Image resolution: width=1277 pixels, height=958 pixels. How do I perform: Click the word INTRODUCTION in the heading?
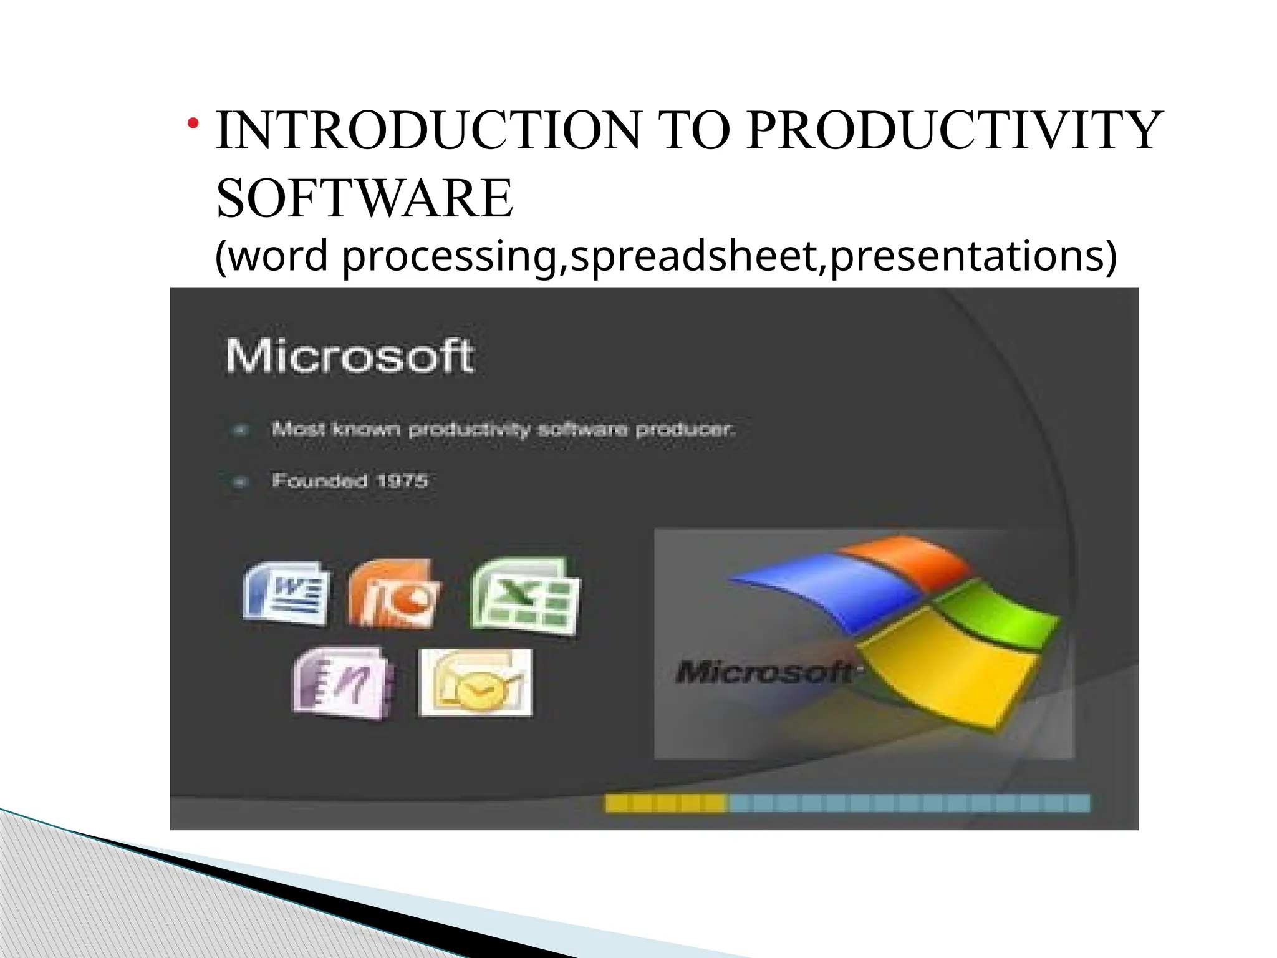click(x=428, y=131)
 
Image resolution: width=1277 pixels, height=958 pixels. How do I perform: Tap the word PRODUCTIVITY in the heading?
click(x=954, y=131)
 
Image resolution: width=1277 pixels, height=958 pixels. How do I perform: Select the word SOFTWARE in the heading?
click(x=365, y=198)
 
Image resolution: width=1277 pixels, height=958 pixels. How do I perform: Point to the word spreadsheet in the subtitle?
click(x=693, y=256)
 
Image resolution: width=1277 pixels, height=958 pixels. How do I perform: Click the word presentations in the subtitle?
click(x=973, y=256)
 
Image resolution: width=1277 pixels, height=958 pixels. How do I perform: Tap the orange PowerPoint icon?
click(x=393, y=593)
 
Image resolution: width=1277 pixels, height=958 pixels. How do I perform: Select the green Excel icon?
click(x=525, y=596)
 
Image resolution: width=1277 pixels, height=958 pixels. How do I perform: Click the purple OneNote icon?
click(x=344, y=682)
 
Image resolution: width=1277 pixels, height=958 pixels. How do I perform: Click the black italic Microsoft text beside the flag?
click(x=764, y=672)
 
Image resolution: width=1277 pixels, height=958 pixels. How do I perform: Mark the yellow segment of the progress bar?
click(x=666, y=803)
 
